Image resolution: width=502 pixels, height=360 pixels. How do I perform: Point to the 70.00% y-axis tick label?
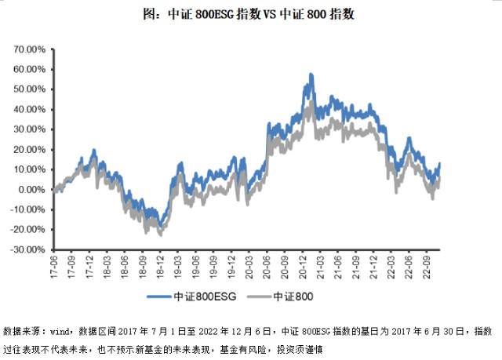30,49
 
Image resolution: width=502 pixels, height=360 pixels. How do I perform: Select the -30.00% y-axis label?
29,249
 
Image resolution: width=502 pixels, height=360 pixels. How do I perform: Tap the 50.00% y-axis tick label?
30,89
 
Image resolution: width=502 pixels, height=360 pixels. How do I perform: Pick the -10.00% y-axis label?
29,209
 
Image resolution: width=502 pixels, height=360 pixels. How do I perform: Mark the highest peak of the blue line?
311,75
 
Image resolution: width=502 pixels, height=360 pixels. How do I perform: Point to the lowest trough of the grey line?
160,235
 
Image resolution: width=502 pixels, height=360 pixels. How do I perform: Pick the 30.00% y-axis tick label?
30,129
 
